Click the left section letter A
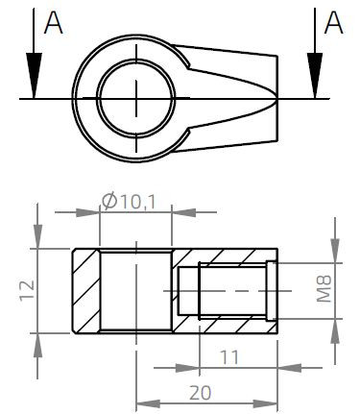54,24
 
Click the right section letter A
332,24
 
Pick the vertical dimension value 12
26,290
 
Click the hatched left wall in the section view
84,289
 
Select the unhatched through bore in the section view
136,289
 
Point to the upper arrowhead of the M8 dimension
335,251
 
